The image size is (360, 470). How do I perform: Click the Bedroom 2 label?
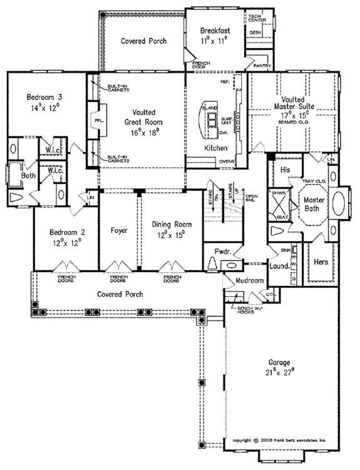pyautogui.click(x=65, y=232)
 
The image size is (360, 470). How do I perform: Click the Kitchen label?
pyautogui.click(x=215, y=148)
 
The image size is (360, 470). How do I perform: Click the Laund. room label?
pyautogui.click(x=277, y=265)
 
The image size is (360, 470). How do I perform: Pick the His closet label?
pyautogui.click(x=285, y=170)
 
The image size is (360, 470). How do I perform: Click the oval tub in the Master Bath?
pyautogui.click(x=340, y=204)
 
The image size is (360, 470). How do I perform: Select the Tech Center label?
pyautogui.click(x=254, y=15)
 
